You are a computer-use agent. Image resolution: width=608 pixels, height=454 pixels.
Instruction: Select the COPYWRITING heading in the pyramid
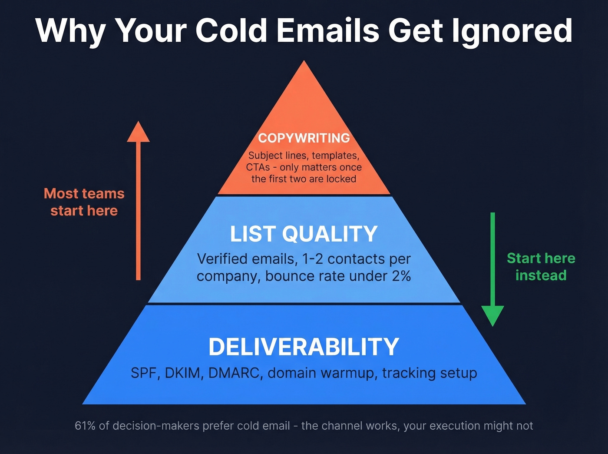[304, 138]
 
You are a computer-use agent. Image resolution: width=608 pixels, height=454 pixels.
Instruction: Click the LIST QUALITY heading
[304, 234]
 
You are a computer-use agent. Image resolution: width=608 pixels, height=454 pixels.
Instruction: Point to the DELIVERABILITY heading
[304, 347]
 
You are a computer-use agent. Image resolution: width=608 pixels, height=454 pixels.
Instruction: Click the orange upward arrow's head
[138, 133]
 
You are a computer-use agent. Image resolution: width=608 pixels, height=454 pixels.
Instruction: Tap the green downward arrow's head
[492, 315]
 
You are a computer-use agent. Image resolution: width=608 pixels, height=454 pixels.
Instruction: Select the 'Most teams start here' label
[84, 202]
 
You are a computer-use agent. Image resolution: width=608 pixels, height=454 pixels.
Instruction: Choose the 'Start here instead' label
[541, 267]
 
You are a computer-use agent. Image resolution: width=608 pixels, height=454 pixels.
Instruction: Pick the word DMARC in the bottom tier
[235, 373]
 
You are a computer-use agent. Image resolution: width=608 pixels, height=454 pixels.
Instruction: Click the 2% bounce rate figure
[401, 276]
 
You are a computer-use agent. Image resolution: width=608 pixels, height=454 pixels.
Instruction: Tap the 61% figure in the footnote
[85, 426]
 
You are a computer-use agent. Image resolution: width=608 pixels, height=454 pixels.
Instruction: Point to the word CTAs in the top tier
[258, 167]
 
